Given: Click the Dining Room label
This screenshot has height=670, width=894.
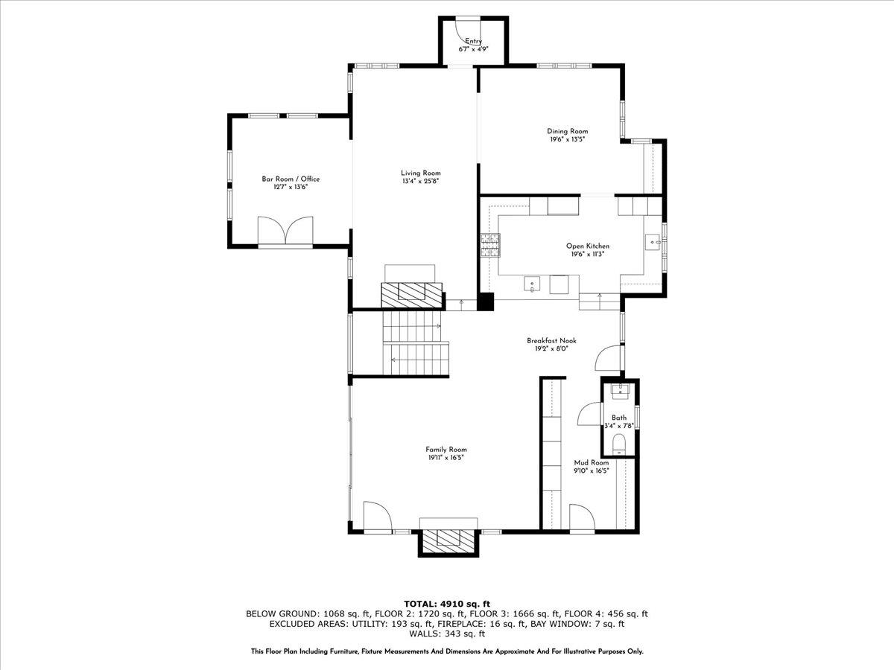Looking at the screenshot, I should coord(568,131).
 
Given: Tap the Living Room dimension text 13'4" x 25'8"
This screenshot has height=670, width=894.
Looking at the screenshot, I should coord(421,181).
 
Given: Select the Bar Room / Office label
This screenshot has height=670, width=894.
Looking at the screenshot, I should coord(291,179).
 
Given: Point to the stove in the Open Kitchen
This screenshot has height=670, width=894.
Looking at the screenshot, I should coord(490,245).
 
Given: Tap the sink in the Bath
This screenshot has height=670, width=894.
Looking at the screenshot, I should coord(619,390).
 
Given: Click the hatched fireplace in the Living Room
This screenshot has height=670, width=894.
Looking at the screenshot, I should coord(411,294).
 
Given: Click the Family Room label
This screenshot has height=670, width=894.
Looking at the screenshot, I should coord(446,449).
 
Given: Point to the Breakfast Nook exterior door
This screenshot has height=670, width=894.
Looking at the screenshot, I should coord(608,357).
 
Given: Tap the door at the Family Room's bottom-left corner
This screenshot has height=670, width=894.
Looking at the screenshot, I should coord(375,516).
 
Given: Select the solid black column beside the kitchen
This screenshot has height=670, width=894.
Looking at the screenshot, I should coord(486,301).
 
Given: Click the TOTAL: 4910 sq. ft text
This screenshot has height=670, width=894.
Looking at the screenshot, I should coord(447,603).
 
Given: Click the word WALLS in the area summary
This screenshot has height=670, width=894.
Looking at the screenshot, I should coord(425,634).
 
